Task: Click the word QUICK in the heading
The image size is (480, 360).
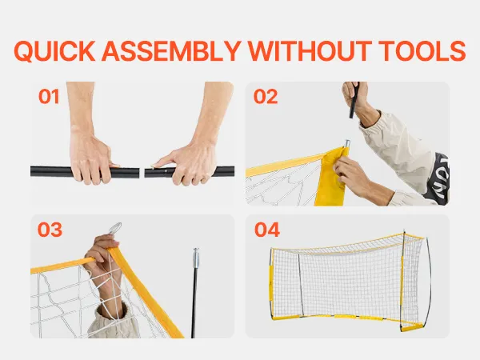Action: point(54,51)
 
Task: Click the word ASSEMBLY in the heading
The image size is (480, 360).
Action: point(171,51)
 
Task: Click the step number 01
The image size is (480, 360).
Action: point(49,97)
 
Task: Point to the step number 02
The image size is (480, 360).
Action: point(266,97)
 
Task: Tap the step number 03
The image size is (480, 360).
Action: point(50,230)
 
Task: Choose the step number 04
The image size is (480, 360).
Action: point(267,230)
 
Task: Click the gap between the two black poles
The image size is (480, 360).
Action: point(142,172)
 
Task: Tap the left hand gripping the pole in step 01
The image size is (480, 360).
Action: point(90,158)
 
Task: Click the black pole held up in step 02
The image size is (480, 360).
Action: point(354,100)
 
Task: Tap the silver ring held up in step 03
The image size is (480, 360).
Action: point(114,228)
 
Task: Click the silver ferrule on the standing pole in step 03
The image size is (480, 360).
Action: point(196,258)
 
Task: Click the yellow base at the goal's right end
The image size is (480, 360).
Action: point(412,328)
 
